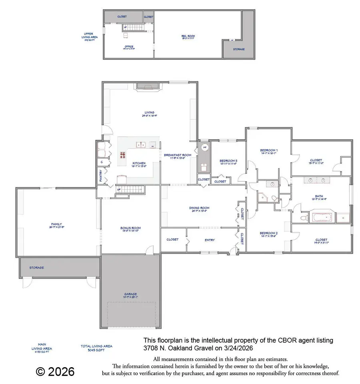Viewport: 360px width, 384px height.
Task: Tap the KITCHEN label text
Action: (x=139, y=163)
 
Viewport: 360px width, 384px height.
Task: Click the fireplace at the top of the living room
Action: (x=148, y=85)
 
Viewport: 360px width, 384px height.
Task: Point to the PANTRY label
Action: (x=101, y=176)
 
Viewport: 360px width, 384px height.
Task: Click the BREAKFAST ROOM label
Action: (x=177, y=155)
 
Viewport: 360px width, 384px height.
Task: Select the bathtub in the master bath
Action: (x=322, y=218)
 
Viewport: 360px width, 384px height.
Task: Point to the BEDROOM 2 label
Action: (x=268, y=233)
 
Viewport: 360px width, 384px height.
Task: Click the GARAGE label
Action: (x=130, y=294)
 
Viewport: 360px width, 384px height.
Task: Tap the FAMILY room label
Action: (x=56, y=224)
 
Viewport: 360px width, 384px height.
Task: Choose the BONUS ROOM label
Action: (x=130, y=228)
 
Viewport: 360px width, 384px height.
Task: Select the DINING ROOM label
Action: (x=199, y=208)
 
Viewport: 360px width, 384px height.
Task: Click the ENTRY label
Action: (x=210, y=240)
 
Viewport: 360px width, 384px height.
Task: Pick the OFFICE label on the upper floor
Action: (x=128, y=46)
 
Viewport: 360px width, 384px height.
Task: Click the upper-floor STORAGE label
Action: (x=238, y=49)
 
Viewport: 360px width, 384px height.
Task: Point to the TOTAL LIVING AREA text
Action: (x=96, y=346)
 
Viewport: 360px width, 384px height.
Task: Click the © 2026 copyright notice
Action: (x=55, y=372)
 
